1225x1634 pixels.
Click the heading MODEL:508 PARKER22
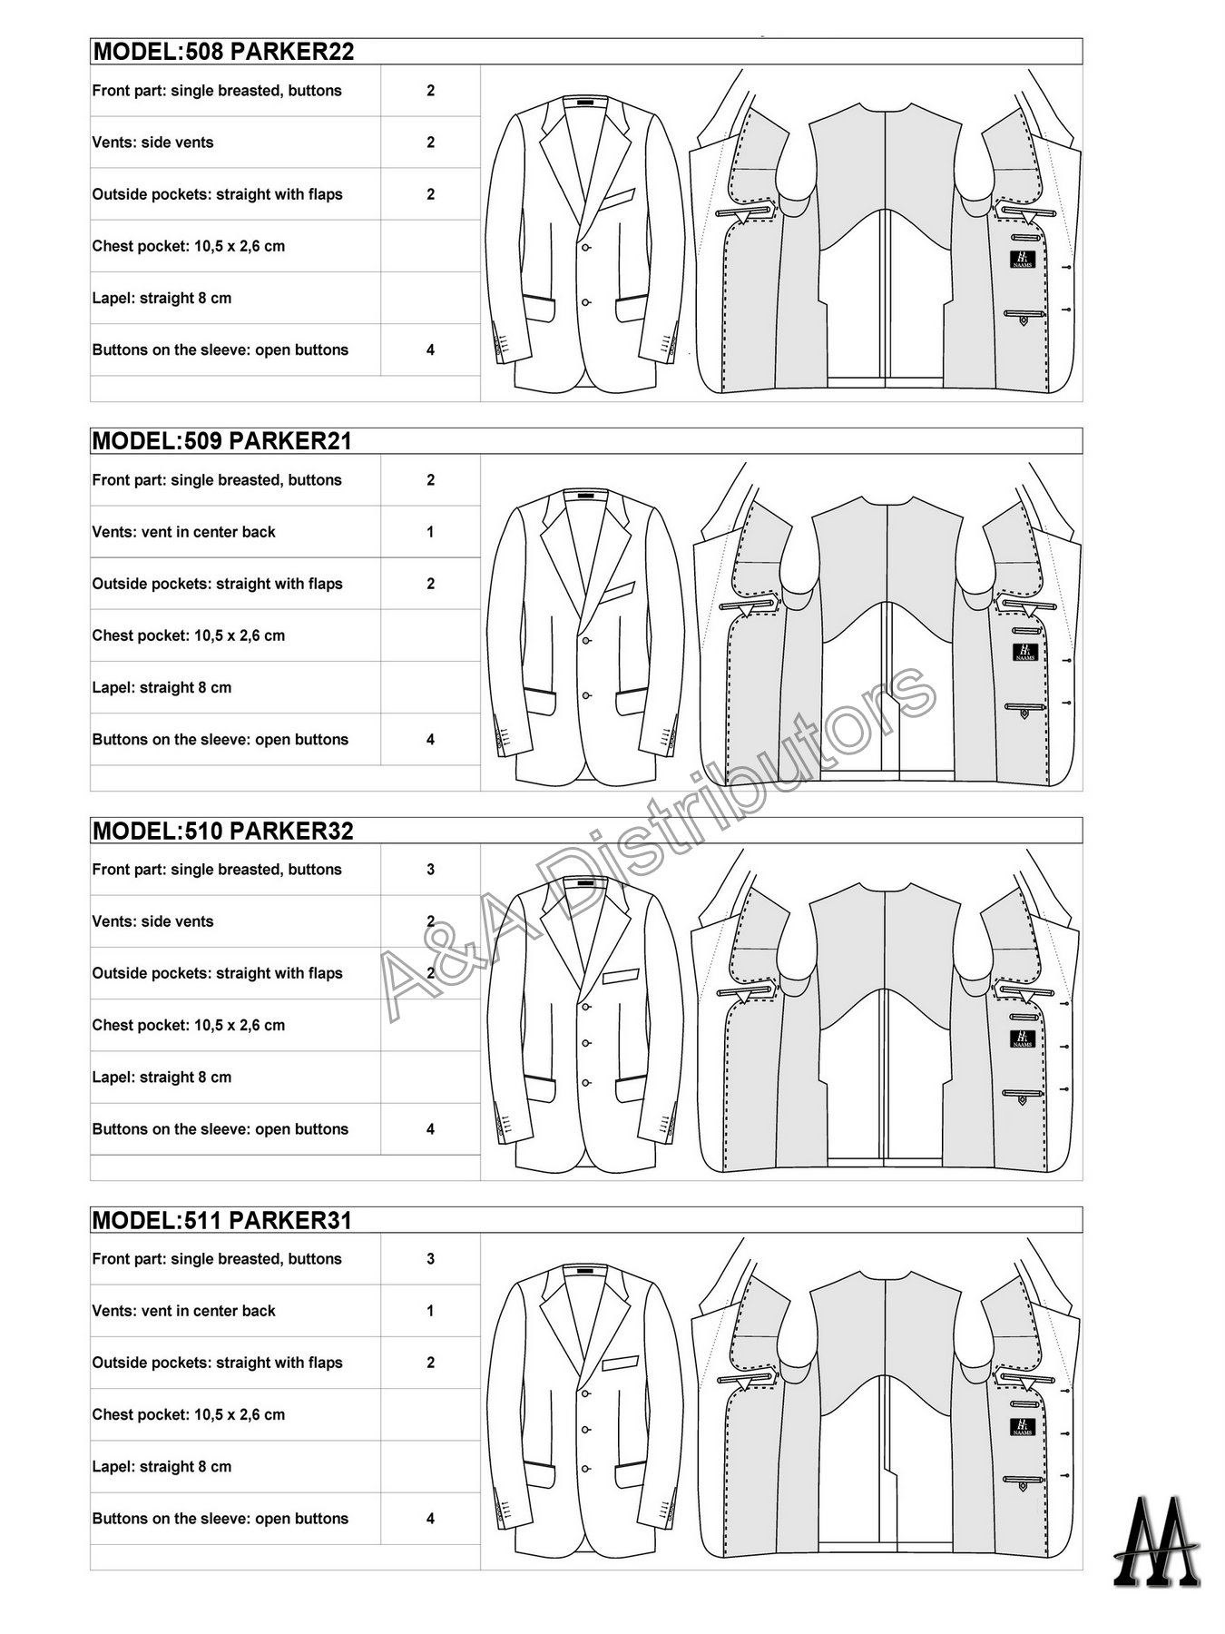coord(223,52)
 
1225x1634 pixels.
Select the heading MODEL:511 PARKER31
coord(222,1220)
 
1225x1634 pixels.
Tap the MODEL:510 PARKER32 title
coord(223,831)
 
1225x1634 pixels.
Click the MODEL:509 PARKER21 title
coord(222,441)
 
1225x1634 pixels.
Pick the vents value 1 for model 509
coord(430,532)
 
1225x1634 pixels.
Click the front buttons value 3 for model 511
coord(430,1259)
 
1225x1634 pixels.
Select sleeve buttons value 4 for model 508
coord(430,349)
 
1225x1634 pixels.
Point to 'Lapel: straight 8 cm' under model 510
coord(162,1078)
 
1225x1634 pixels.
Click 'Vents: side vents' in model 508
coord(152,143)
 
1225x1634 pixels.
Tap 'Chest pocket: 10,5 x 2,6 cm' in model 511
coord(188,1414)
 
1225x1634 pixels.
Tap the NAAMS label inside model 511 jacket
coord(1022,1427)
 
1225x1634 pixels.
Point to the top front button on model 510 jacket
coord(586,1004)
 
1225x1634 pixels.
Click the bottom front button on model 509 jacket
coord(586,696)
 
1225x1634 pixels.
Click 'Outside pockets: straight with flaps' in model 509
coord(217,584)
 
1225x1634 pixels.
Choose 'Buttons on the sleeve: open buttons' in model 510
coord(220,1129)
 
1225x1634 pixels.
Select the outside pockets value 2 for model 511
coord(430,1363)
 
